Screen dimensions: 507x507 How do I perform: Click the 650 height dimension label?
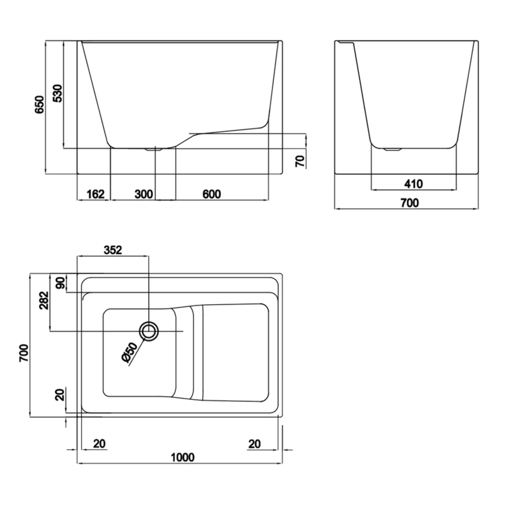(39, 104)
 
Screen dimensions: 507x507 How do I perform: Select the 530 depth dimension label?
(58, 93)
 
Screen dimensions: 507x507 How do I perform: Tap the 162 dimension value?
(96, 194)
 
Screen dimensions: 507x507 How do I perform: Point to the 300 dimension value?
(144, 194)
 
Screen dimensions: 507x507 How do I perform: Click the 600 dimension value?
(211, 194)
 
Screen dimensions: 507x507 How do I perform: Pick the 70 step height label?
(300, 161)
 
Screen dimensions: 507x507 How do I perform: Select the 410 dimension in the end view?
(414, 184)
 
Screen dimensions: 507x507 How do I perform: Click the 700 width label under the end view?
(410, 203)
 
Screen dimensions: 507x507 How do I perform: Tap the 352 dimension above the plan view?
(113, 250)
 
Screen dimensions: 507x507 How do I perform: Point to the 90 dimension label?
(61, 283)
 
